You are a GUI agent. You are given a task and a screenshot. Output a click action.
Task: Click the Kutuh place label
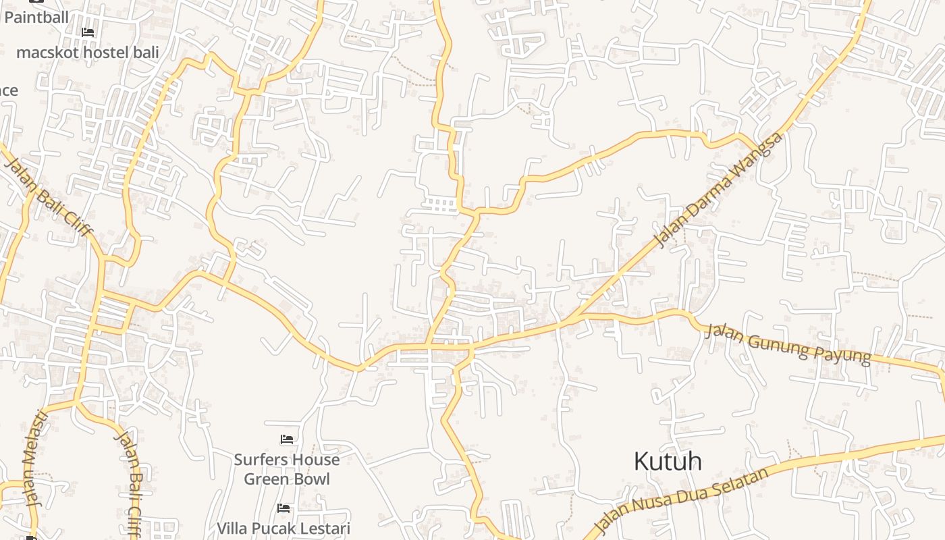coord(668,462)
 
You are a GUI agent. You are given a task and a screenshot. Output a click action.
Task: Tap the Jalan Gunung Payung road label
coord(788,344)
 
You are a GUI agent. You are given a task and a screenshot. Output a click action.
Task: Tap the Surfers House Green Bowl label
coord(287,469)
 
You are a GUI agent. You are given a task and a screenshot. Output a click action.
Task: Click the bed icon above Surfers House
coord(287,439)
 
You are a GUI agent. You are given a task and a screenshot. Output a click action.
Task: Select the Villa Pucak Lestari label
coord(283,528)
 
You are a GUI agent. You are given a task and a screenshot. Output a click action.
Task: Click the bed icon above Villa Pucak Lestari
coord(283,508)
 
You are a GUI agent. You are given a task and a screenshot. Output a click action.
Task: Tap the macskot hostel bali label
coord(88,53)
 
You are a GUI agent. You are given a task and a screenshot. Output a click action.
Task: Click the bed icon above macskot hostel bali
coord(88,32)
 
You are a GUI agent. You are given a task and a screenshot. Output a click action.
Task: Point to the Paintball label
coord(36,17)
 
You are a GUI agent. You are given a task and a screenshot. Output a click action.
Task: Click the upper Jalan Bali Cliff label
coord(49,196)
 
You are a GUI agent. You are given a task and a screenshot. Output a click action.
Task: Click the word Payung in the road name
coord(846,352)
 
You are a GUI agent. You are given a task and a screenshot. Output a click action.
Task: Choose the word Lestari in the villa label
coord(323,528)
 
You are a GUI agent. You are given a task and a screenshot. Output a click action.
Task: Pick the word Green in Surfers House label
coord(266,479)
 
